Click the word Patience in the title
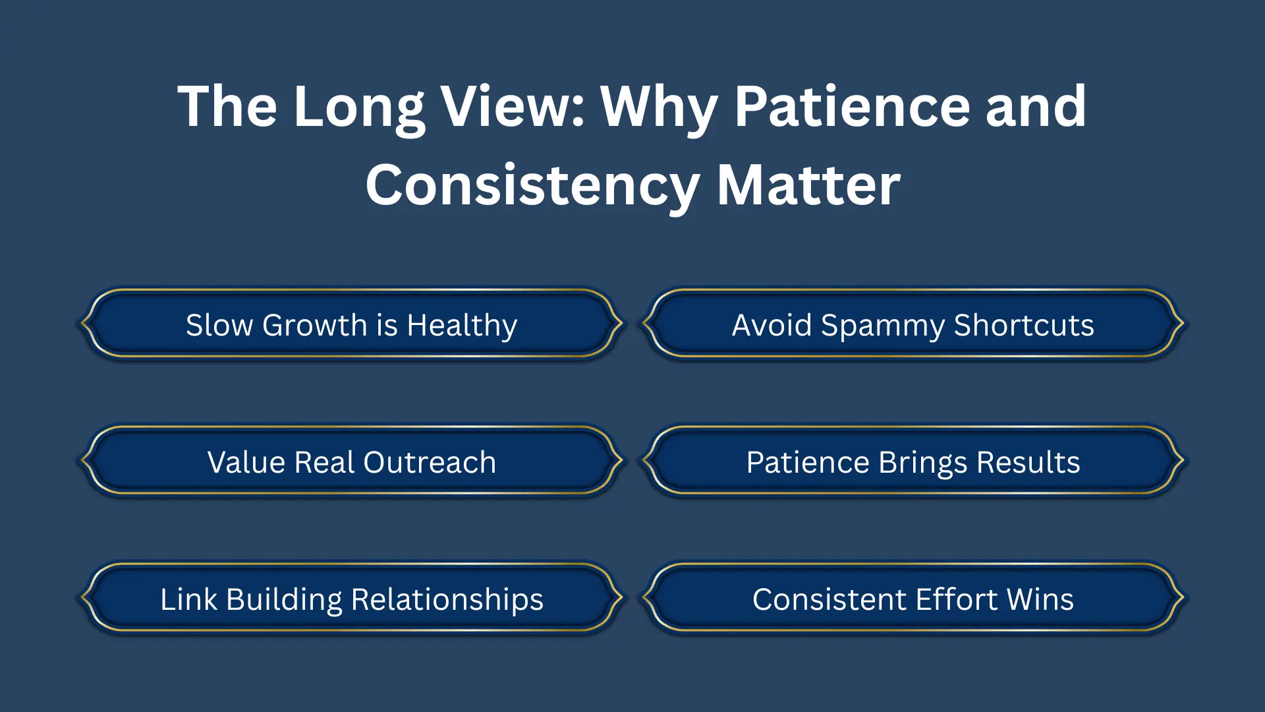852,107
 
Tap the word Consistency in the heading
532,186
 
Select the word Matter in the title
808,186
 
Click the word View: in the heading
513,107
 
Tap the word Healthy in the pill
462,326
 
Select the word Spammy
883,326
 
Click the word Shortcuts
1024,325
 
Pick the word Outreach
430,462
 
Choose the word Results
1028,462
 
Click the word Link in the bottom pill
188,599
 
